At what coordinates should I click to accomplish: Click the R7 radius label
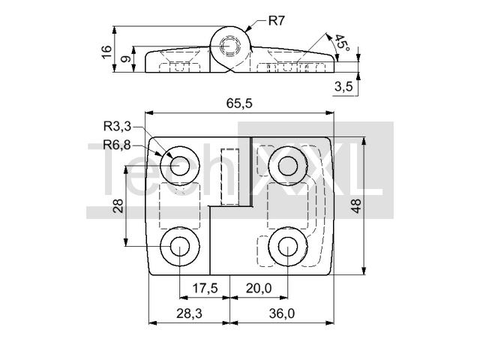point(277,21)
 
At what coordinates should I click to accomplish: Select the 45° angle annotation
point(341,43)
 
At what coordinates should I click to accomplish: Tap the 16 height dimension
point(106,52)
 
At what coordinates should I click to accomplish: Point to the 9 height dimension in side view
point(125,58)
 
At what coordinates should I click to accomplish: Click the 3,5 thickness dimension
point(343,87)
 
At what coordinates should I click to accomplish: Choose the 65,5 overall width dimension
point(239,103)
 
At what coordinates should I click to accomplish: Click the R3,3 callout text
point(117,126)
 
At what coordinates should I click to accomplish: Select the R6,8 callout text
point(117,145)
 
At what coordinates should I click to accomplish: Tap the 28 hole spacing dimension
point(118,205)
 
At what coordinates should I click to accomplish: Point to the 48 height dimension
point(356,205)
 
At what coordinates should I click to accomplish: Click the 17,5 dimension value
point(205,288)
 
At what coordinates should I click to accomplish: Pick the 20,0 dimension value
point(259,288)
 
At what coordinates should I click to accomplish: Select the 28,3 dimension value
point(189,313)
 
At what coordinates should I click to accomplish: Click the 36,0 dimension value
point(282,313)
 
